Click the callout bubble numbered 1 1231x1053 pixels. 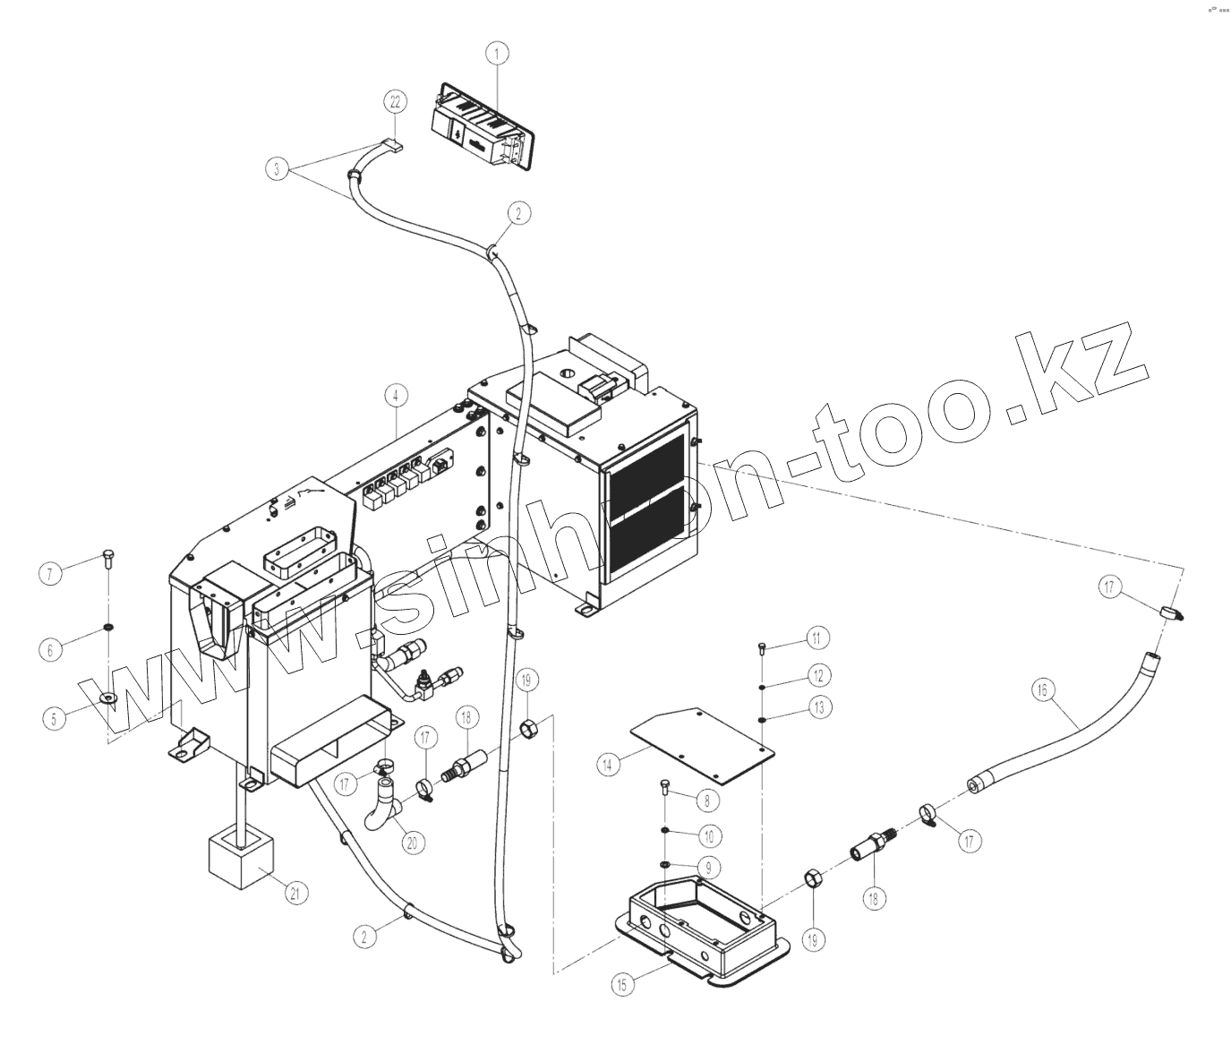point(498,54)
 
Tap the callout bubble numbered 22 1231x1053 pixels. point(396,102)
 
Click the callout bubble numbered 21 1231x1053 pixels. point(296,892)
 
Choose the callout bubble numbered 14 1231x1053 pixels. point(608,765)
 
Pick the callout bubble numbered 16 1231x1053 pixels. point(1042,690)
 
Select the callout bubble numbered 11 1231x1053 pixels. point(816,638)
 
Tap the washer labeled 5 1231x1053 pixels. point(108,698)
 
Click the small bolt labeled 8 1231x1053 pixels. point(663,788)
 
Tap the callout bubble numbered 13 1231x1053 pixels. point(817,707)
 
